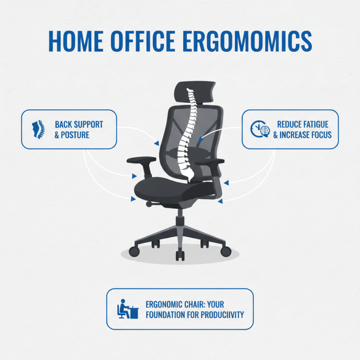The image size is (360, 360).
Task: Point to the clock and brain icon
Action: point(260,129)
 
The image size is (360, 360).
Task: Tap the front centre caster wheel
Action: point(180,256)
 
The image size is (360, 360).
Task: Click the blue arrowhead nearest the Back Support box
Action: point(155,143)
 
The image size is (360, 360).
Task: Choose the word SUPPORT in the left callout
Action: point(87,124)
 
